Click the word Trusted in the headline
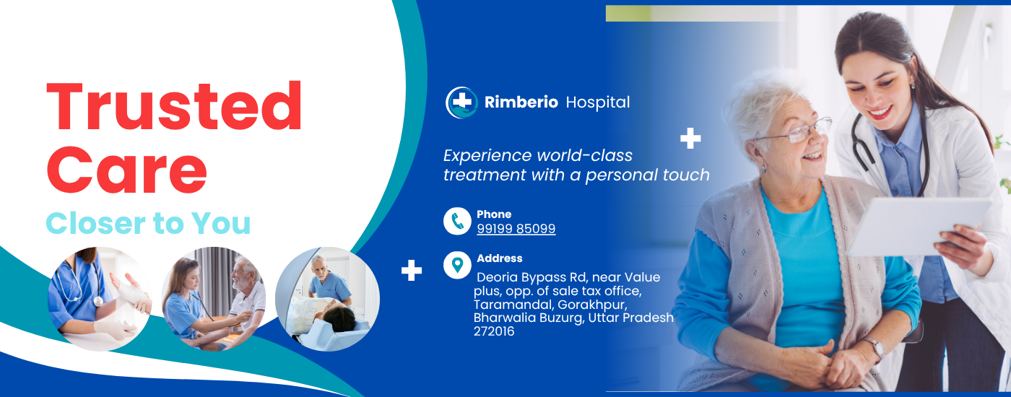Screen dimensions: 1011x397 click(x=174, y=107)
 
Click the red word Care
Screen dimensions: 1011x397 click(x=127, y=170)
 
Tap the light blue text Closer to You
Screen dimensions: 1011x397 click(x=148, y=223)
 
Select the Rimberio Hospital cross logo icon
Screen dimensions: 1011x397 click(x=461, y=102)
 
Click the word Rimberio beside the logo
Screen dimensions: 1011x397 click(x=521, y=102)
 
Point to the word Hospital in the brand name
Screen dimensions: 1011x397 click(x=598, y=102)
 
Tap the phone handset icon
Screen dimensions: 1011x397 click(x=457, y=221)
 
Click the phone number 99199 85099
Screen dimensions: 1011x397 click(x=516, y=229)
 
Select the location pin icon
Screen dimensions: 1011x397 click(x=457, y=266)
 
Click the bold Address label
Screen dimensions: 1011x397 click(x=499, y=258)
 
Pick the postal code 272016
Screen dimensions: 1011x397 click(x=494, y=331)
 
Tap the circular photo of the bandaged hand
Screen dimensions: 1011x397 click(x=100, y=299)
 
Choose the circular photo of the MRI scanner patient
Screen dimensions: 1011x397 click(x=327, y=299)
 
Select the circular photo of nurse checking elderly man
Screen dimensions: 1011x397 click(x=214, y=299)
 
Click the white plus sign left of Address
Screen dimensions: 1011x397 click(x=411, y=270)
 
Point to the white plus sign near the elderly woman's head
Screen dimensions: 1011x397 click(x=690, y=138)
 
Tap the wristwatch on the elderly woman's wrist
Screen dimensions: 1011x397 click(x=876, y=347)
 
